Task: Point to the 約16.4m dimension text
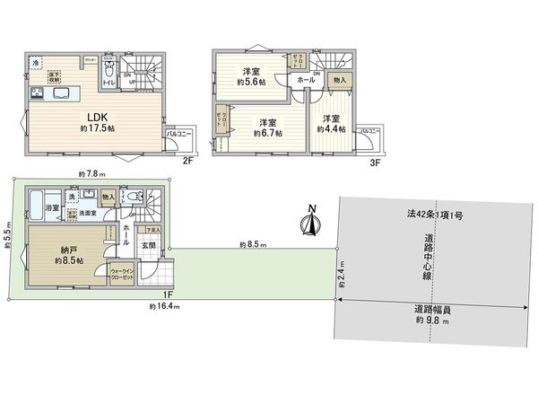[x=165, y=306]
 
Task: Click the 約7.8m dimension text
[x=93, y=175]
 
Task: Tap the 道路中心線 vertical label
[x=430, y=260]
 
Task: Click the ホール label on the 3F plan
[x=306, y=80]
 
